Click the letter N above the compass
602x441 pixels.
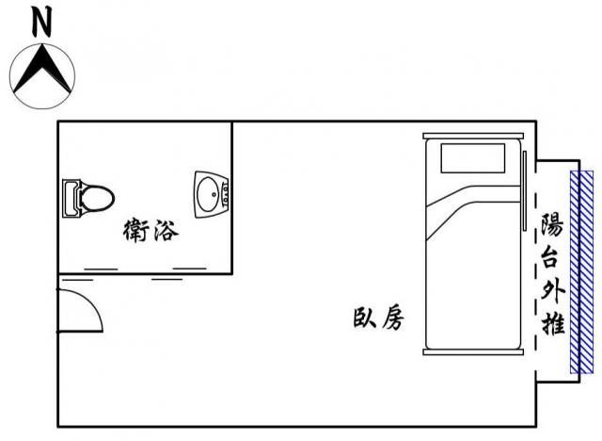click(x=41, y=23)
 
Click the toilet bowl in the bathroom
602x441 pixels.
click(x=98, y=199)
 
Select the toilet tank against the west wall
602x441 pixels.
click(x=71, y=199)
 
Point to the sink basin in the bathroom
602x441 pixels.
click(x=208, y=194)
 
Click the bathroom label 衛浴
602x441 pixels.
click(x=150, y=230)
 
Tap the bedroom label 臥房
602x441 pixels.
click(x=378, y=318)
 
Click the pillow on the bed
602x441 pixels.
click(x=472, y=158)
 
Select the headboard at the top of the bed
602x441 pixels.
click(x=473, y=136)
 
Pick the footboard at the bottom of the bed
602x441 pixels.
click(x=473, y=351)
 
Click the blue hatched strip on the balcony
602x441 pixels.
click(x=581, y=272)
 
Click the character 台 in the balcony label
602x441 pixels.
click(x=552, y=256)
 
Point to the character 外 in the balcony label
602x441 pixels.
click(x=552, y=291)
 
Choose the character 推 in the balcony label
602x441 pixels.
click(x=552, y=322)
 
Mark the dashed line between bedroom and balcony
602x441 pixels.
click(x=536, y=271)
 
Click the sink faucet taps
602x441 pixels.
click(x=226, y=194)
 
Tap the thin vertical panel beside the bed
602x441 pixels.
click(x=525, y=190)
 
